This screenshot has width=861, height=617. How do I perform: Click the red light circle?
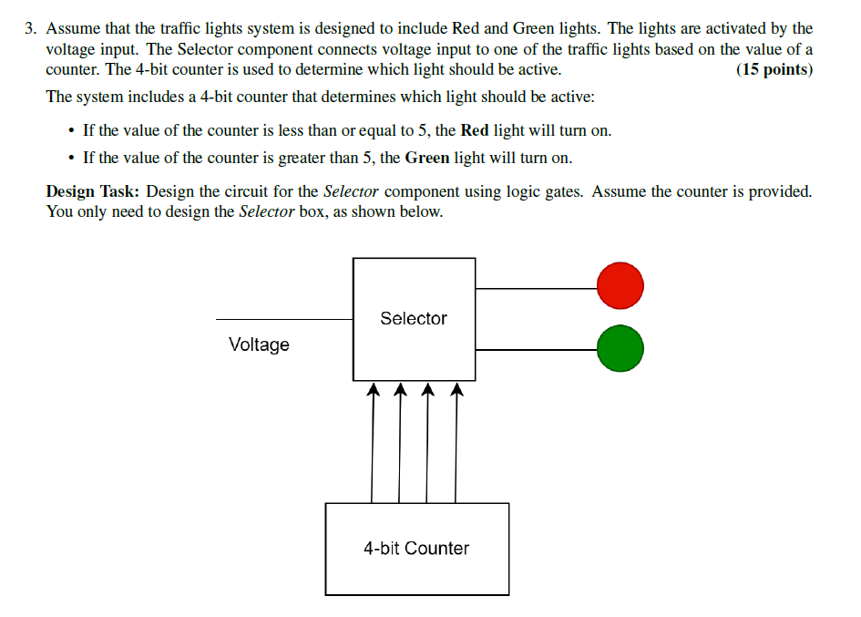click(x=620, y=286)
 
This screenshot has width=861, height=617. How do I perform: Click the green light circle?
click(x=620, y=348)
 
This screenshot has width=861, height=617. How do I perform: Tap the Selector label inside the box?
click(x=414, y=318)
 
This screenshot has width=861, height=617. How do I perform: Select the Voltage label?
click(x=259, y=344)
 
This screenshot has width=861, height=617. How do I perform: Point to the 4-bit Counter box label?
click(x=416, y=548)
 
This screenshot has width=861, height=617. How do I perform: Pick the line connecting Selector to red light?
click(x=536, y=288)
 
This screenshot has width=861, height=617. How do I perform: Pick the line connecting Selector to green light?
click(x=536, y=349)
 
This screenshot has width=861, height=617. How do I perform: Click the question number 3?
click(x=30, y=28)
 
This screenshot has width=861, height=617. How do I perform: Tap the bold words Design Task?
click(x=93, y=191)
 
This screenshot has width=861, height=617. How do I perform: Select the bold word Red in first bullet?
click(x=475, y=130)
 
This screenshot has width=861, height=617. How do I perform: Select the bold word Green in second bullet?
click(x=427, y=158)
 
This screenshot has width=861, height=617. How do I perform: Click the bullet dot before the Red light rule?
click(x=71, y=130)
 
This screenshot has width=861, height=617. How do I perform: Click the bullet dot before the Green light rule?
click(x=71, y=158)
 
